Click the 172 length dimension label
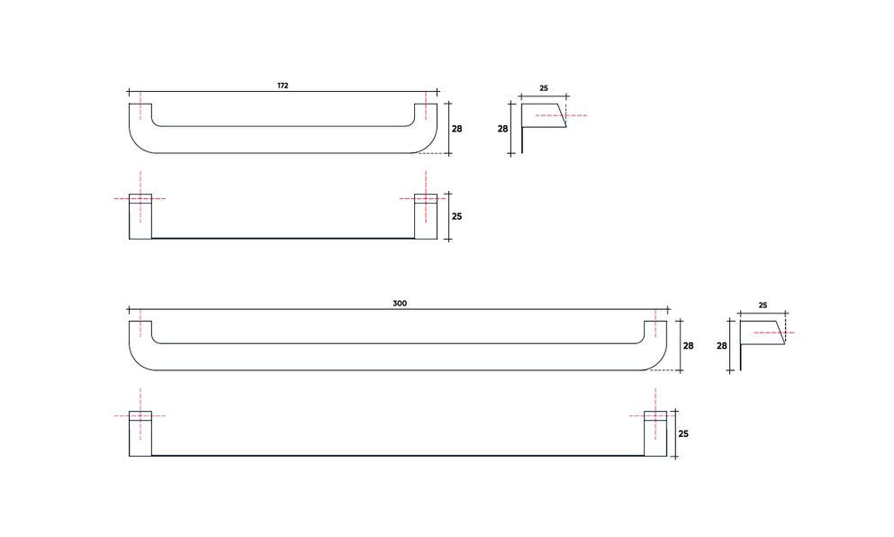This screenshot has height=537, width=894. tap(283, 86)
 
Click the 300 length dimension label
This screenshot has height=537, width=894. tap(400, 304)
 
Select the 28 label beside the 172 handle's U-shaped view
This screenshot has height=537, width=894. tap(456, 129)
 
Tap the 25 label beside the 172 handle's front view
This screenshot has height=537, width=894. tap(456, 217)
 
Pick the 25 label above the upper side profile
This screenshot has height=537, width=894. tap(544, 88)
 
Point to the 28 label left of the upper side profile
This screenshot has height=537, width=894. tap(503, 129)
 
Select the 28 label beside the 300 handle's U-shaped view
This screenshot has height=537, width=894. tap(689, 346)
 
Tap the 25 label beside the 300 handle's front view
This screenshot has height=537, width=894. tap(682, 433)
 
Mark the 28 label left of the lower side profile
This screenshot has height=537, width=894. tap(721, 345)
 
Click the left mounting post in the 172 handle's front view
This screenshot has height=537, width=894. tap(140, 216)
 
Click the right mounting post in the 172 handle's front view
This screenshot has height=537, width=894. tap(425, 216)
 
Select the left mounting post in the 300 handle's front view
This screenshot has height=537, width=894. tap(140, 433)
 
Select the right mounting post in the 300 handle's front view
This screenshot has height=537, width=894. tap(655, 433)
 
